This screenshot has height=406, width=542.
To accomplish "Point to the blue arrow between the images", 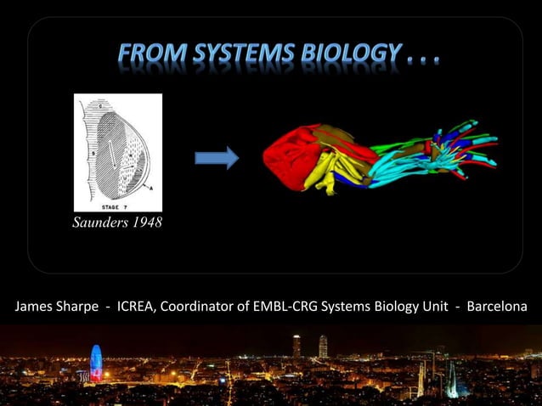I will tap(217, 158).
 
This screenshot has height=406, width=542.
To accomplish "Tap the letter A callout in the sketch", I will tap(150, 186).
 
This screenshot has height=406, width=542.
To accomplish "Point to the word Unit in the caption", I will tap(433, 306).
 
